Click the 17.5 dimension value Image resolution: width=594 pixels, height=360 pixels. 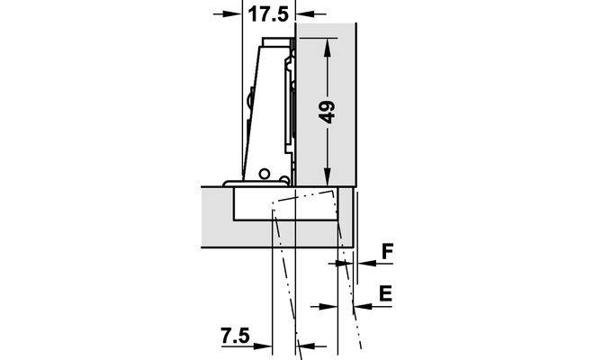click(x=268, y=14)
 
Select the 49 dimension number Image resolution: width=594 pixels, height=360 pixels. click(x=326, y=112)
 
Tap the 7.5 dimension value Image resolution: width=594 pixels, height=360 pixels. click(x=235, y=335)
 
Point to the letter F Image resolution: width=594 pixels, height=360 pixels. click(x=387, y=251)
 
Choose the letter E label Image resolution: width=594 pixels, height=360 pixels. click(x=385, y=293)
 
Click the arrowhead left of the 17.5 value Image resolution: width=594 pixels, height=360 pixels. click(x=233, y=14)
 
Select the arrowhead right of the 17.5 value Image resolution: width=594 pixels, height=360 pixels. click(x=304, y=14)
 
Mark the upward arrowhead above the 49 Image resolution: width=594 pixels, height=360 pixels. click(x=328, y=47)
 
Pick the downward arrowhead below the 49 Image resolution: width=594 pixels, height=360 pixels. click(x=328, y=177)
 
